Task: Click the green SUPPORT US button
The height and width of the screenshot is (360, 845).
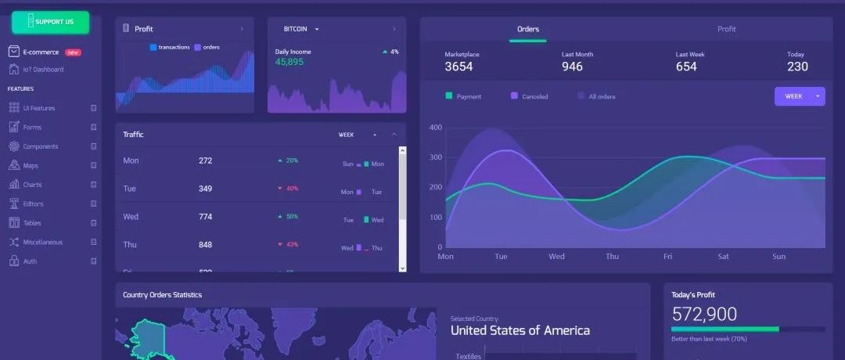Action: coord(50,22)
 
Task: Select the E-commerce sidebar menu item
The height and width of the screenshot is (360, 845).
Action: coord(41,52)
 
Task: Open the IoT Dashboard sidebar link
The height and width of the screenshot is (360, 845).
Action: coord(42,70)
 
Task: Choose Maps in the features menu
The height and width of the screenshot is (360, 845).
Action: coord(31,166)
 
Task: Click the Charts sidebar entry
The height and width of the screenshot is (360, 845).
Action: coord(32,185)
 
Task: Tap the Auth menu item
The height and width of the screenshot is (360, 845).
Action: coord(30,261)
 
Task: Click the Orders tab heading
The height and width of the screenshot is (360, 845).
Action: coord(528,29)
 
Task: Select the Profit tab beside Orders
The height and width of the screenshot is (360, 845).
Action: coord(727,29)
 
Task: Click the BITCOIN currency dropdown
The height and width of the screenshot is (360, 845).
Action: coord(301,29)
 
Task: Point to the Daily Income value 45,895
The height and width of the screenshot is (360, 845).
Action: coord(289,62)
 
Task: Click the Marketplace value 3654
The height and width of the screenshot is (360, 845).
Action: coord(458,67)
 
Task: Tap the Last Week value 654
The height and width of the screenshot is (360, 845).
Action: coord(686,67)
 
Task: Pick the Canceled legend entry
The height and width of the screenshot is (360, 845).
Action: coord(534,96)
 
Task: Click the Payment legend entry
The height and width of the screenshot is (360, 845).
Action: coord(469,96)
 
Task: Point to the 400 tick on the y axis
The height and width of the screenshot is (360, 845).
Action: coord(436,128)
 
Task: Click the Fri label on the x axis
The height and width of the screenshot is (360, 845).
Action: coord(668,256)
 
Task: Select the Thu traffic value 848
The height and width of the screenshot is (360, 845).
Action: coord(205,245)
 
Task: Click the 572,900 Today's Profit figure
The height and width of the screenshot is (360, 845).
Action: coord(704,315)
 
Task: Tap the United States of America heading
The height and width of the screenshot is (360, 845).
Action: coord(520,330)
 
